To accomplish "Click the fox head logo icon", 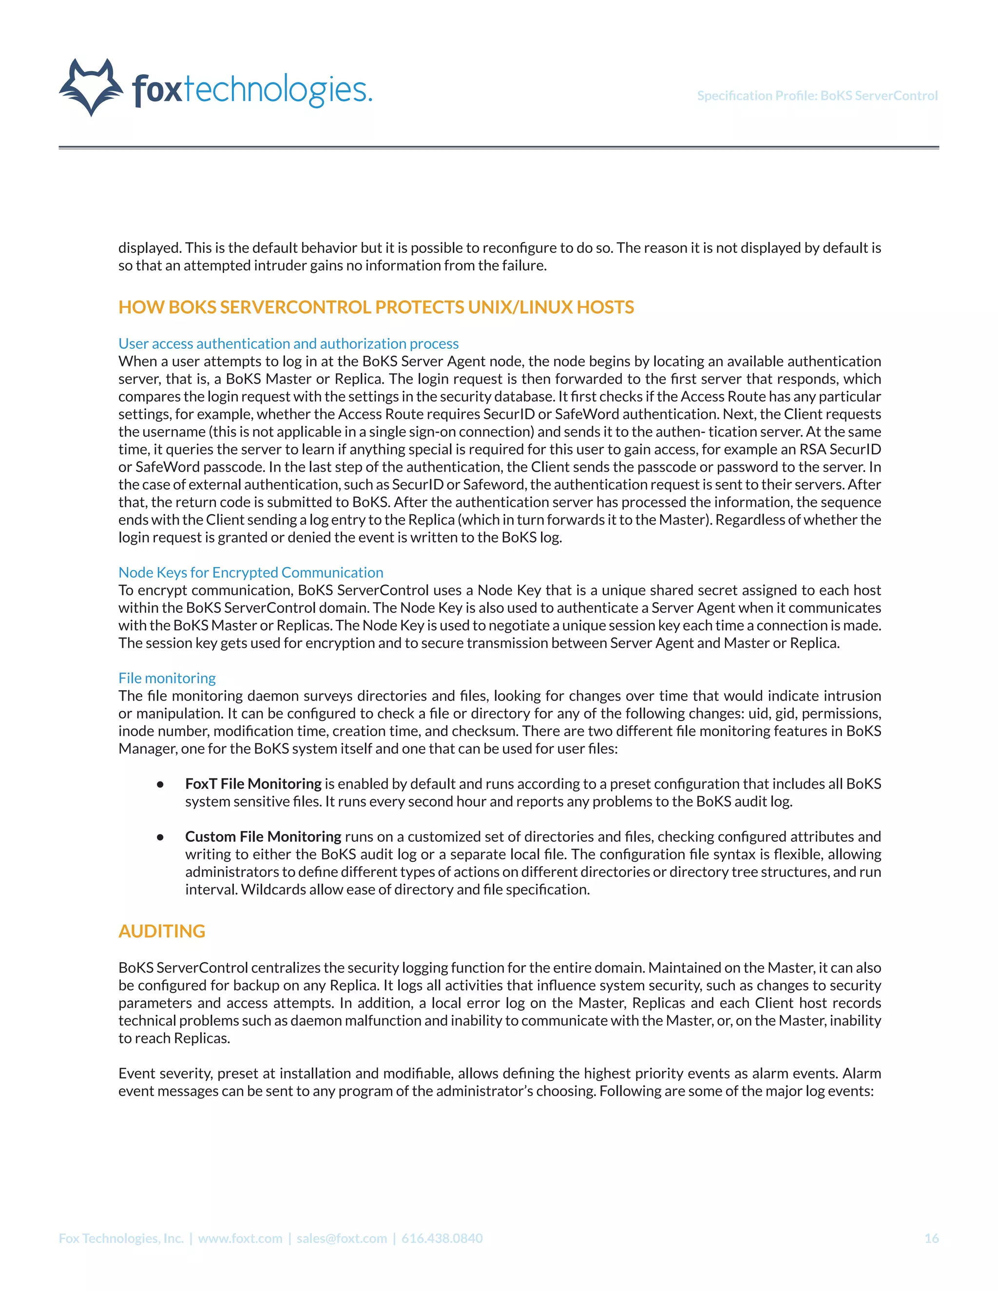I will (92, 88).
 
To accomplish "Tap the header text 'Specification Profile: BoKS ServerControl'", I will (817, 96).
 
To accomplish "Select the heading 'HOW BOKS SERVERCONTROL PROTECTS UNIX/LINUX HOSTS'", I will (376, 307).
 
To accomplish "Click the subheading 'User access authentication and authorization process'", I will (288, 343).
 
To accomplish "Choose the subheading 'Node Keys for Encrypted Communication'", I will (250, 572).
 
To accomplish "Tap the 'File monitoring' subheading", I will (167, 678).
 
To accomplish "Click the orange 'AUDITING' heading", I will (161, 931).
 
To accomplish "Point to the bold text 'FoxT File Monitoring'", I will (253, 784).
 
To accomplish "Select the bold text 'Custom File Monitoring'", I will (263, 836).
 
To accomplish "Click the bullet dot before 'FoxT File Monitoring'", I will (160, 784).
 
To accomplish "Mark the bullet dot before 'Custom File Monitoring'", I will (160, 837).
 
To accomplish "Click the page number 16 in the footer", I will (931, 1238).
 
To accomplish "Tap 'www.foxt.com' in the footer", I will (240, 1238).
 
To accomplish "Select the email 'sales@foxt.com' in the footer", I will (342, 1238).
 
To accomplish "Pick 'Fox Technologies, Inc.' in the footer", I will (121, 1238).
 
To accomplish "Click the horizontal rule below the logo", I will (499, 147).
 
